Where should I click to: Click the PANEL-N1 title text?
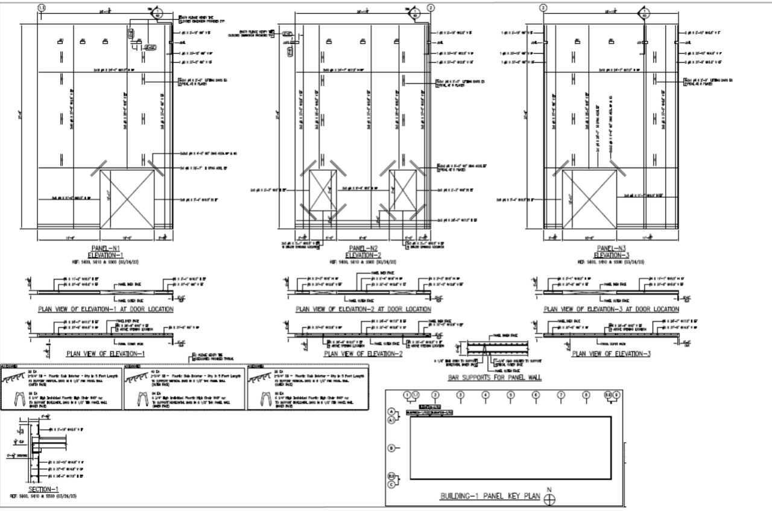[106, 248]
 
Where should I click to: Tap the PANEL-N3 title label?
[612, 248]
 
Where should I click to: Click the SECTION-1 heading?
[43, 489]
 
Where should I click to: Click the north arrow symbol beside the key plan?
[549, 499]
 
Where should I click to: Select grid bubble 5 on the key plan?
[511, 395]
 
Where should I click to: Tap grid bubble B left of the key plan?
[391, 448]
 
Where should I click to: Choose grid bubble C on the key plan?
[391, 484]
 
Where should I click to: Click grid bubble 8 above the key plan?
[586, 395]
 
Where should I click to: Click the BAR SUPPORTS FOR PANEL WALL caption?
[495, 378]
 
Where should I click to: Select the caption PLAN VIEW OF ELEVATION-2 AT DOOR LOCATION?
[363, 309]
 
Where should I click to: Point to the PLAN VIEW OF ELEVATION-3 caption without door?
[612, 354]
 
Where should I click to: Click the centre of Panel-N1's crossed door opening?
[127, 198]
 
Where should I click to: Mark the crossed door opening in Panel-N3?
[589, 198]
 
